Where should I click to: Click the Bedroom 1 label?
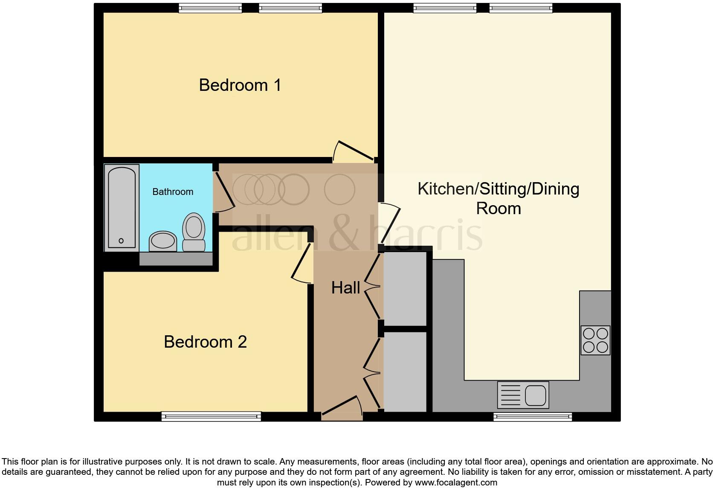point(240,85)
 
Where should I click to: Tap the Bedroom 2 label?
point(205,342)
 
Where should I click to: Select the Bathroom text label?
point(173,192)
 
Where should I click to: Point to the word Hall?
point(345,288)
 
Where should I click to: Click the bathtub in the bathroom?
point(122,207)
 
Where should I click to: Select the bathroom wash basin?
point(162,241)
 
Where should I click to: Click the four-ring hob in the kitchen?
point(595,340)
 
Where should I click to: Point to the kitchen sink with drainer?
point(523,395)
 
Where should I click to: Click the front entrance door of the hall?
point(341,407)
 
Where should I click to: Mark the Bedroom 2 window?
point(211,416)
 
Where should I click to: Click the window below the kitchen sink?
point(532,417)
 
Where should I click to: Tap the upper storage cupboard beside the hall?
point(405,289)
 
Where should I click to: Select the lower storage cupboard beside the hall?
point(405,371)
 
